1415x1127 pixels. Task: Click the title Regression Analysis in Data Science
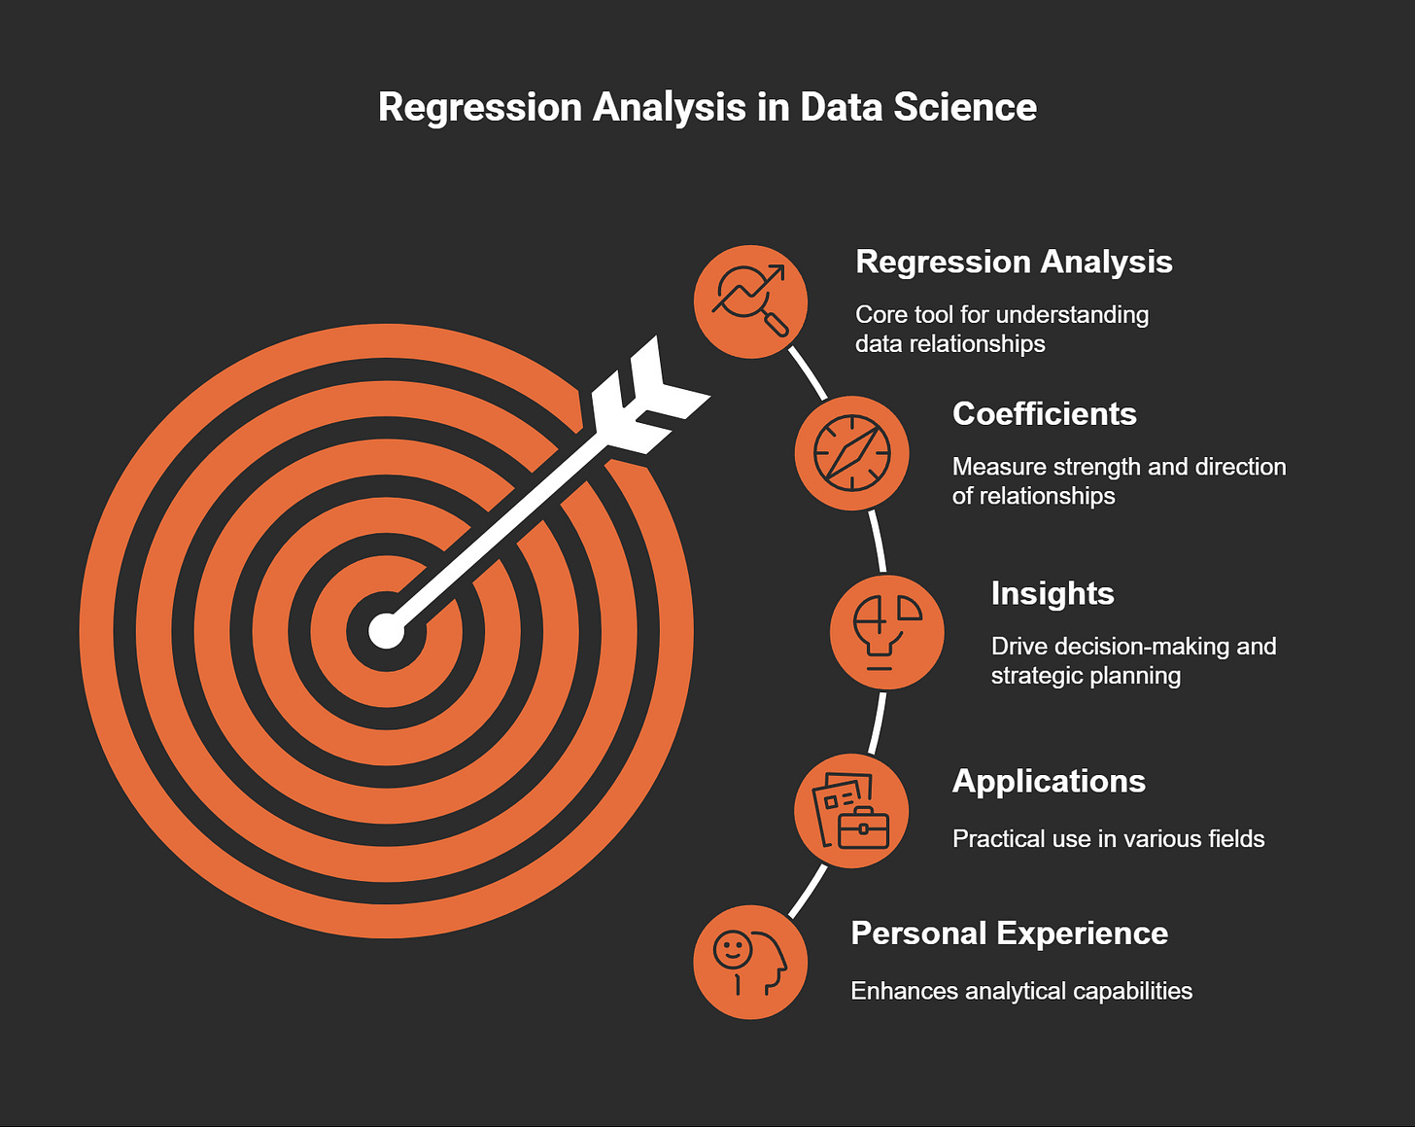707,107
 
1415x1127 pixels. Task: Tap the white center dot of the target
387,630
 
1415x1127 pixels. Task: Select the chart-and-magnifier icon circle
750,301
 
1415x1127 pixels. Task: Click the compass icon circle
851,453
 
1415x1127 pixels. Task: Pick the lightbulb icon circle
886,632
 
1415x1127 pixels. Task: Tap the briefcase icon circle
851,810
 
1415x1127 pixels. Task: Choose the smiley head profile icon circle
750,963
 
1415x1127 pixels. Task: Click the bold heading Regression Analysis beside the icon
1014,262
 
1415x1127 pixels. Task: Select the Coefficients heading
1044,413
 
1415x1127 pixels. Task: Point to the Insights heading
1052,593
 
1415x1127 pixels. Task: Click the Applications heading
1049,781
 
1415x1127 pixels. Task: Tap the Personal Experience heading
1009,933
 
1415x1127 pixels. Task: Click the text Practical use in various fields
1108,838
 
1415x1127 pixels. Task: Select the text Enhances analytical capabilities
1020,991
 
